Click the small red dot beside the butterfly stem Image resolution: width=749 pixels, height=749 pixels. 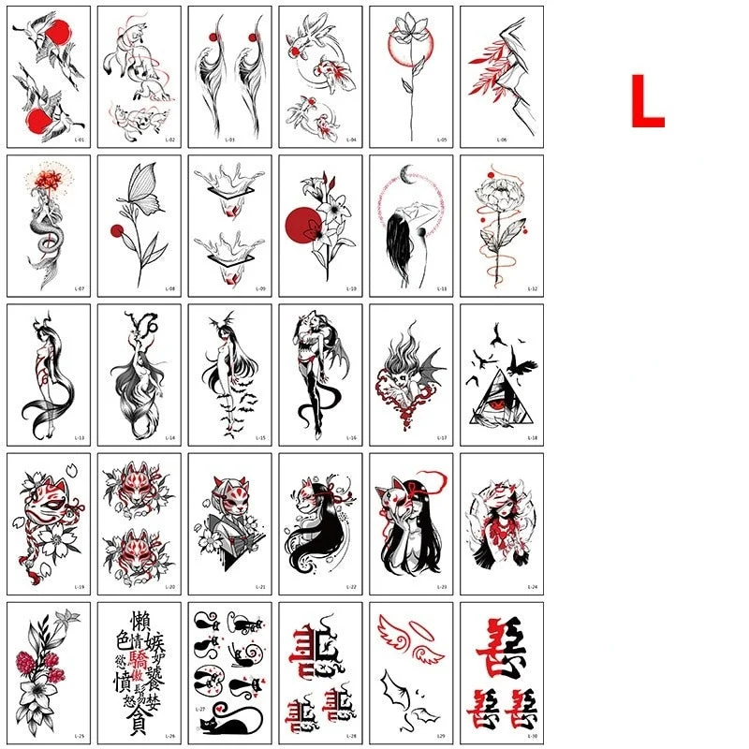(x=116, y=230)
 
